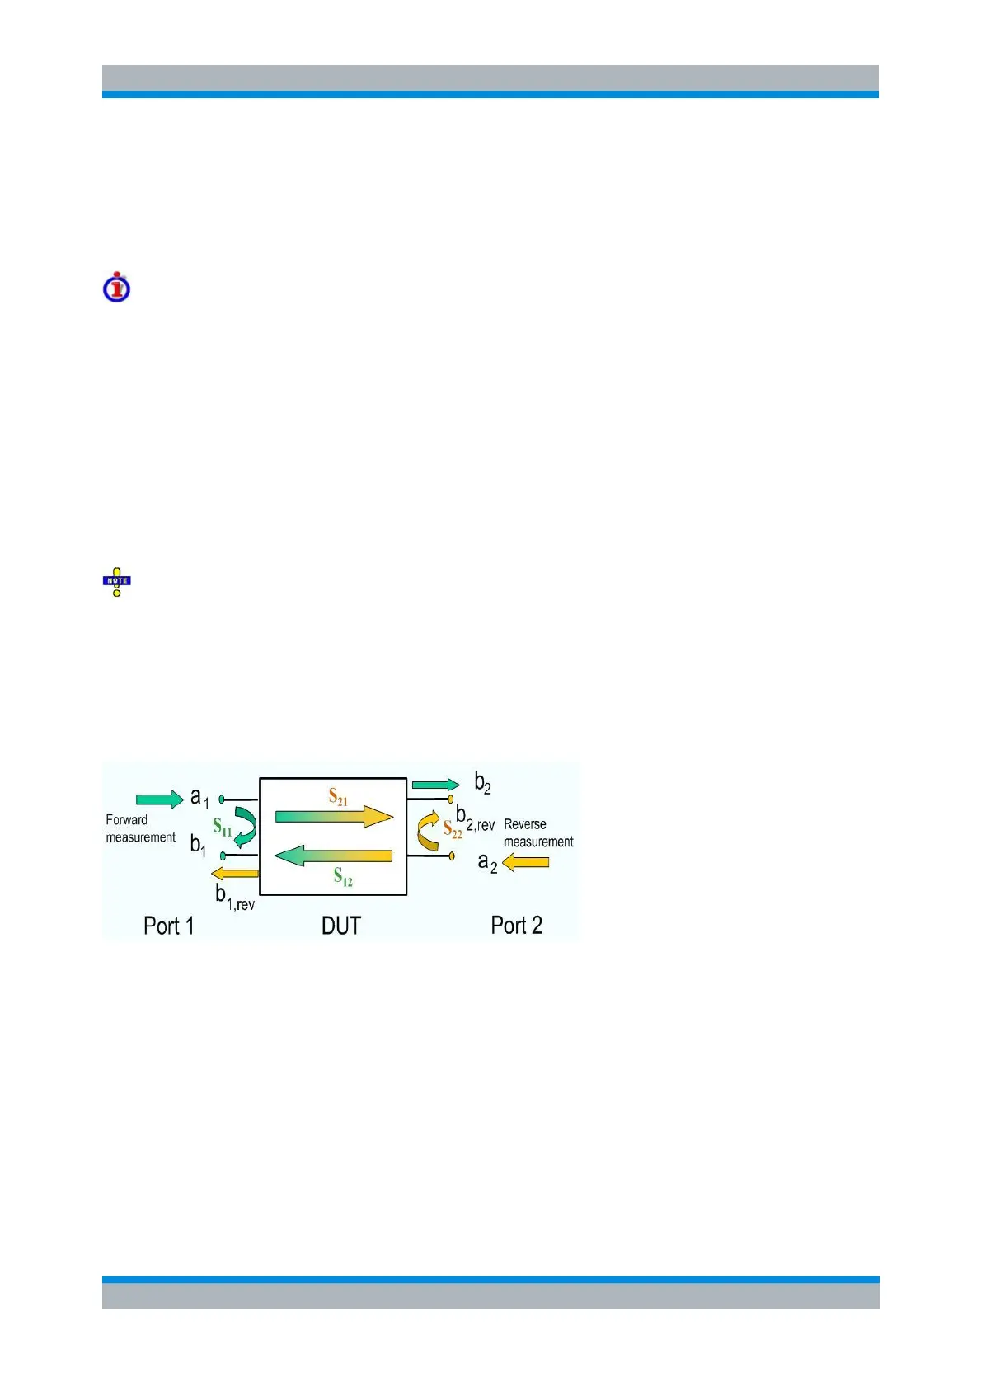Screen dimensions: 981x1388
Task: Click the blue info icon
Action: pos(116,288)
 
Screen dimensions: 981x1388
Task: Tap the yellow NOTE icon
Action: pos(116,581)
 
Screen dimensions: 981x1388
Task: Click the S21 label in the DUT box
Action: pos(338,796)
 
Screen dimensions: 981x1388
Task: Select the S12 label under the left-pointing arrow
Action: pos(343,877)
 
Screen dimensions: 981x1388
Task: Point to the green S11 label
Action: pos(222,827)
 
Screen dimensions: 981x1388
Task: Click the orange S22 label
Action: pos(453,829)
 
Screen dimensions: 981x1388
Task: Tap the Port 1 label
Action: pos(168,926)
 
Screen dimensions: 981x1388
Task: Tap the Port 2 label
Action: pos(516,925)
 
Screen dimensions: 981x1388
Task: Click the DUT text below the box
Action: pos(340,926)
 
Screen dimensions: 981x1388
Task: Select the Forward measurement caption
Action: pos(140,828)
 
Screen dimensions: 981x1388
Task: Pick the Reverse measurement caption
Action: pos(537,832)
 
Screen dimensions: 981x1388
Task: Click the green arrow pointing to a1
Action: pos(159,799)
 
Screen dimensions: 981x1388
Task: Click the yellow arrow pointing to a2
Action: pos(526,862)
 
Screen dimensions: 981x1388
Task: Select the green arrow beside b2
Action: pos(435,785)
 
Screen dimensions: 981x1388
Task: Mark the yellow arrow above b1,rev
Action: pos(234,873)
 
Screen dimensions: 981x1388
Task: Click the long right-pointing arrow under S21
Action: pos(333,816)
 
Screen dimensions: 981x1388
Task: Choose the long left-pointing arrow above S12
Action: pos(333,856)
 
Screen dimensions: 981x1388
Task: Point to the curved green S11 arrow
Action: pos(245,827)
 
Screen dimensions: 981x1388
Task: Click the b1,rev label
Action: pos(235,897)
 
